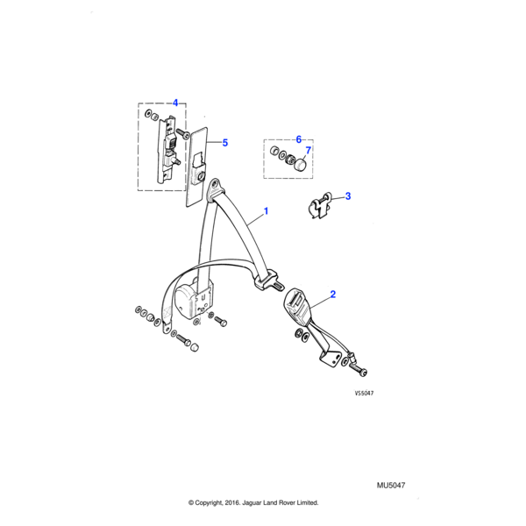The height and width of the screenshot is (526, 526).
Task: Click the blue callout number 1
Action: (266, 211)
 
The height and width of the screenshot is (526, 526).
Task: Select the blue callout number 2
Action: (333, 295)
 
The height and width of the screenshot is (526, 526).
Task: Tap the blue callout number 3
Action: (348, 195)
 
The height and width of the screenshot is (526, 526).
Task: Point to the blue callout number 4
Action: (175, 103)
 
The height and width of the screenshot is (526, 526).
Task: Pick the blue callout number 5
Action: (225, 143)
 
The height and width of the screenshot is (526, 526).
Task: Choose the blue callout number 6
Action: (299, 139)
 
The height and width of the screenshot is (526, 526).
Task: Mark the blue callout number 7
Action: (309, 150)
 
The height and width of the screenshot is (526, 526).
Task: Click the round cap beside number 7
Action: (301, 165)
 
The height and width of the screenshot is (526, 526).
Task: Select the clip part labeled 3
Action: (320, 205)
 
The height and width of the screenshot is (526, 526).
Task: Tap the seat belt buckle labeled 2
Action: (297, 306)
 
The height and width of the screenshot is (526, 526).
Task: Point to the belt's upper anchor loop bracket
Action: (216, 189)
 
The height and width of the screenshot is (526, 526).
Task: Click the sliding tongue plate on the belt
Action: (269, 282)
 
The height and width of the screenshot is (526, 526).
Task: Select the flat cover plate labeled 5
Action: (197, 167)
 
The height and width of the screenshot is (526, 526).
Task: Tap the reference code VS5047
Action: (364, 393)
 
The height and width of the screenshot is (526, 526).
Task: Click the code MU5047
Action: (391, 486)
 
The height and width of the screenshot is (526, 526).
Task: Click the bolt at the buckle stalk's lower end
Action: (359, 369)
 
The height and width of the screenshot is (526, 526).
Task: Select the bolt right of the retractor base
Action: (220, 321)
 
